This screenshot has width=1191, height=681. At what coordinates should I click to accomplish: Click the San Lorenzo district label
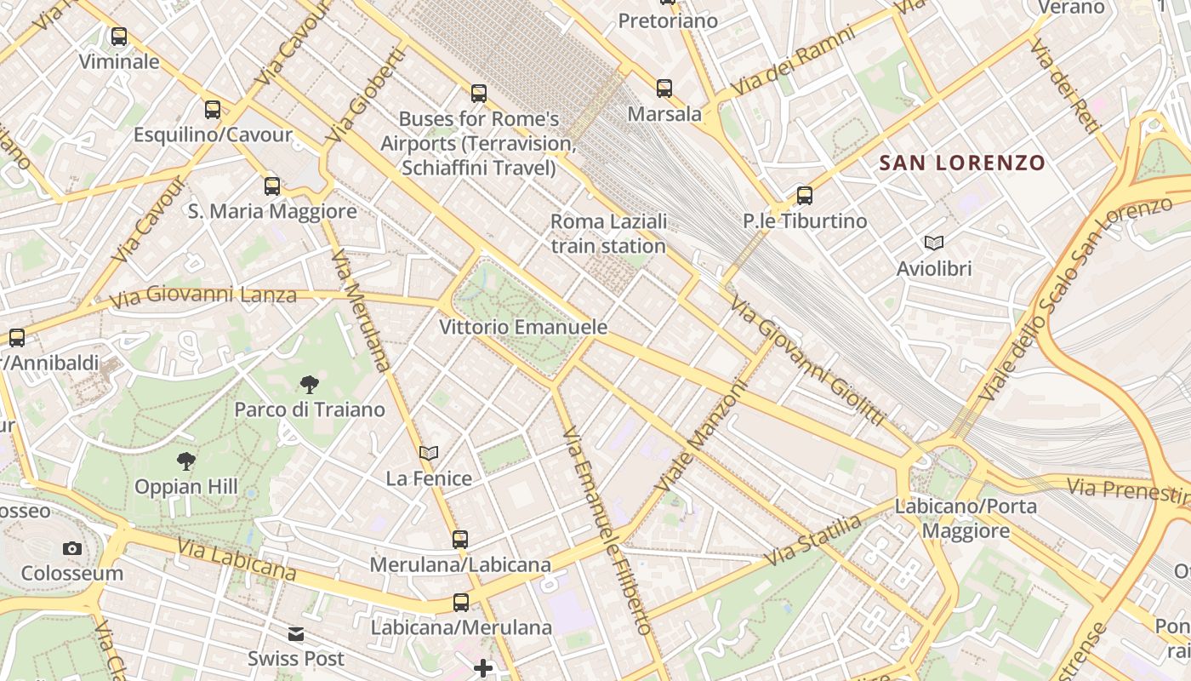961,163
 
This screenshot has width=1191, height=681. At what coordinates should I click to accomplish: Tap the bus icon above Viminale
119,37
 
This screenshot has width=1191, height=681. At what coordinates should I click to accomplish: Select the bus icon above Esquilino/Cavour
213,110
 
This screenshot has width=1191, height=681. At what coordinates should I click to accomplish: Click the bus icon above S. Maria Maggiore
272,186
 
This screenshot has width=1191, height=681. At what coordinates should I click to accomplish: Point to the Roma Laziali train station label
608,234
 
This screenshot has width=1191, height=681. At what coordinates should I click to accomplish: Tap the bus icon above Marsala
664,88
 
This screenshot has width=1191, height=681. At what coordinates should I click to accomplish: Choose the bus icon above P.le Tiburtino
805,196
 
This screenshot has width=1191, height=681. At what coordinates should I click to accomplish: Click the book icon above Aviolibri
934,243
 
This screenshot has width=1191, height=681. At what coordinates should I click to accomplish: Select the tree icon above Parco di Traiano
310,385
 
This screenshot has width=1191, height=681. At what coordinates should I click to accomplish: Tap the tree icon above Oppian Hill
186,462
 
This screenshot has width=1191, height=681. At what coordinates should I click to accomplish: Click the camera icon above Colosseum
72,548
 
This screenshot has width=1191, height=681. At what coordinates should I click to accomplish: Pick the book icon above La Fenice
429,454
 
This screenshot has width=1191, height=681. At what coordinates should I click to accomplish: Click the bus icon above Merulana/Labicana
460,539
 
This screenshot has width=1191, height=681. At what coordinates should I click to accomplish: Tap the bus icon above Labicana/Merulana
461,603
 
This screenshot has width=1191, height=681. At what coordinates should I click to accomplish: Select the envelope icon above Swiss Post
296,634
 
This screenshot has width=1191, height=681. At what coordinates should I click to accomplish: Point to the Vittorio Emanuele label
523,327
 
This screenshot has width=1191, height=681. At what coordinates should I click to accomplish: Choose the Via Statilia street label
813,541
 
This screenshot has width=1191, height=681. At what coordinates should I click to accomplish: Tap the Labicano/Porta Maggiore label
966,518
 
